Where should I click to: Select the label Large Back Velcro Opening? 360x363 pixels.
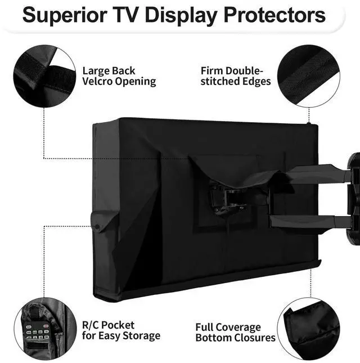[119, 76]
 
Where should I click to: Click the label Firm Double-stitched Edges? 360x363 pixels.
[236, 76]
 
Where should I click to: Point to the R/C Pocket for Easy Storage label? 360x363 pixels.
[121, 330]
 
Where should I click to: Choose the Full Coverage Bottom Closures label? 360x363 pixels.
[236, 332]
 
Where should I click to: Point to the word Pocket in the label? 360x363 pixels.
[120, 325]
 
